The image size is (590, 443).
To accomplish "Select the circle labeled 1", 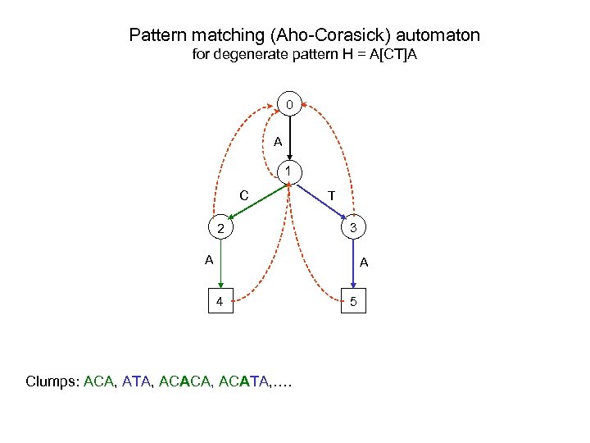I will [289, 173].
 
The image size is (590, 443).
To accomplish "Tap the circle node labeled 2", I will [220, 227].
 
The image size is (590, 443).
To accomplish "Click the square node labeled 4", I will [220, 301].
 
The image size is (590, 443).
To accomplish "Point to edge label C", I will [244, 195].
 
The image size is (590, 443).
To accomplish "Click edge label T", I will [330, 195].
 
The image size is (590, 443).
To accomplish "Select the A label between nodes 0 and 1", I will [278, 142].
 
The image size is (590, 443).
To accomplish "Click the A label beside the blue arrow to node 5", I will [364, 263].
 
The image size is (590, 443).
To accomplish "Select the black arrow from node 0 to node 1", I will [289, 138].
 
